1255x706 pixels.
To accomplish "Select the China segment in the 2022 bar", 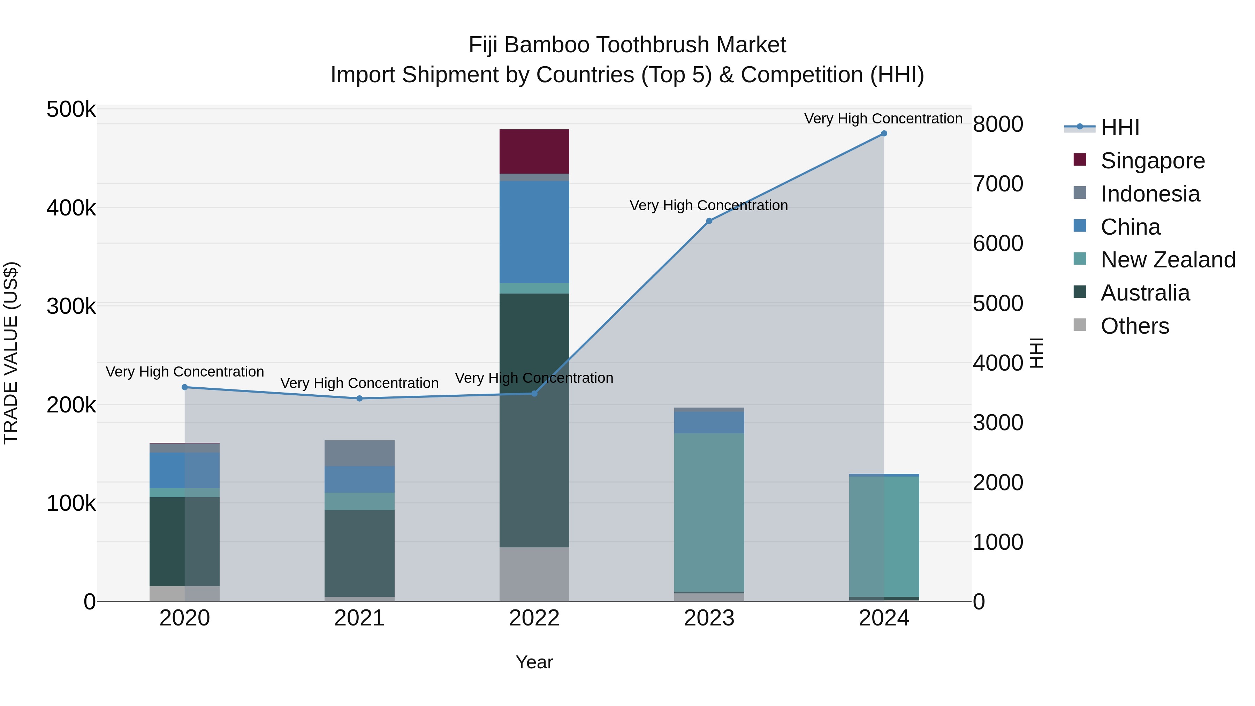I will point(534,232).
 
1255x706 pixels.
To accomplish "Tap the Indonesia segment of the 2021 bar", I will point(359,453).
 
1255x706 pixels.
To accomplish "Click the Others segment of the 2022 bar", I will point(534,574).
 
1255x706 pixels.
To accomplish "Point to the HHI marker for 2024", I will point(884,134).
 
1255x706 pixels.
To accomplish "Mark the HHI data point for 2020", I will point(185,387).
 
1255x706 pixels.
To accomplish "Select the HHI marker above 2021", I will point(359,398).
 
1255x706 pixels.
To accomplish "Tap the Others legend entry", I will point(1135,326).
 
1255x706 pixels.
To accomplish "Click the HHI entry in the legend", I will point(1119,128).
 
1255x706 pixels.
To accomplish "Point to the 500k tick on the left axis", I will point(71,109).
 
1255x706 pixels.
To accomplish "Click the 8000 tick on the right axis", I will point(998,124).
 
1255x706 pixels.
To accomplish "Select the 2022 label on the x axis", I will point(534,618).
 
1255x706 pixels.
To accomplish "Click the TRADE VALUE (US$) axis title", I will point(11,353).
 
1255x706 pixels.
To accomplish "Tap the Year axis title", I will point(534,662).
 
